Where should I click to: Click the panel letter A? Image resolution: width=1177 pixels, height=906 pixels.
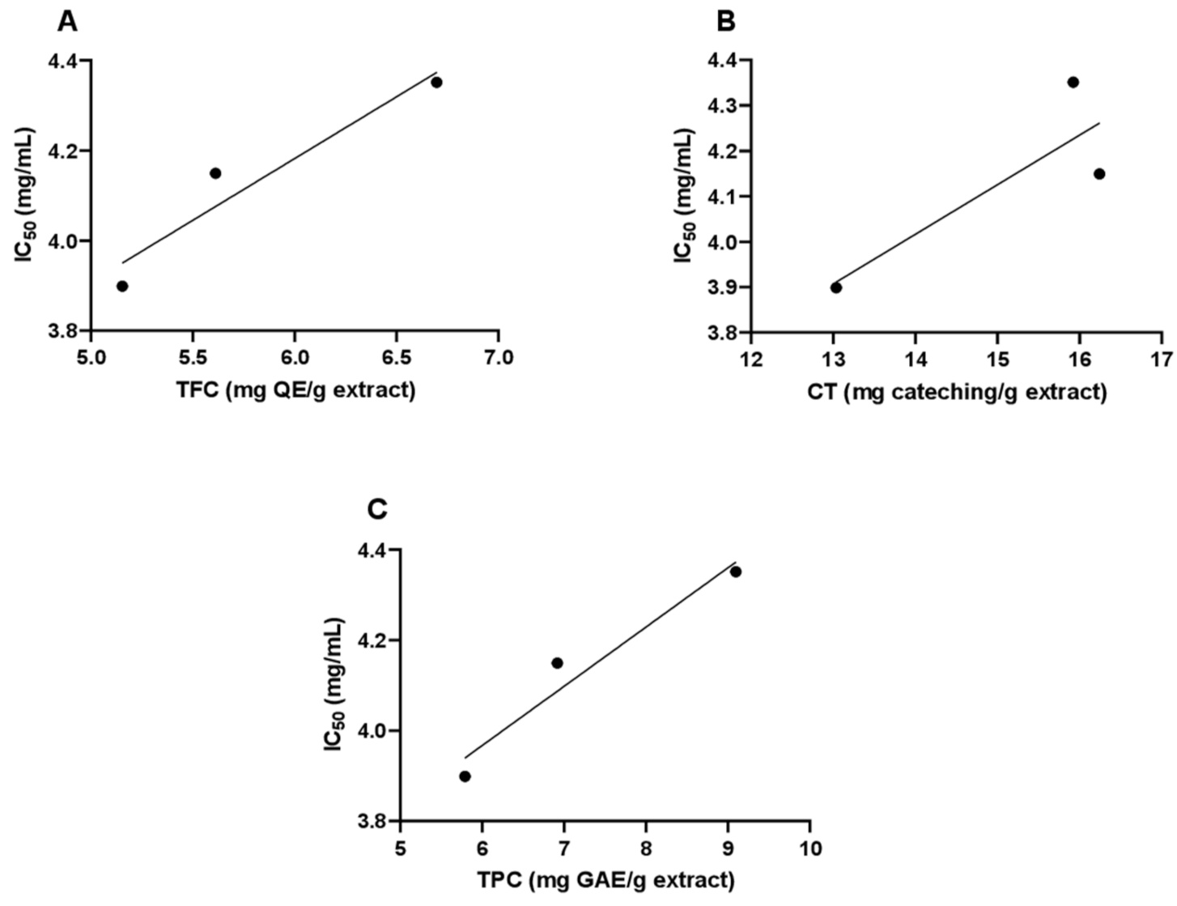pos(68,22)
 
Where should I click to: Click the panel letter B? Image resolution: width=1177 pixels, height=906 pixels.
pos(726,22)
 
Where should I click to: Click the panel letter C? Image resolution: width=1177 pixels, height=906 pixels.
pos(377,510)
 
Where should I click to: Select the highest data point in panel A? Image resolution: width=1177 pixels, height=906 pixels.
pos(436,82)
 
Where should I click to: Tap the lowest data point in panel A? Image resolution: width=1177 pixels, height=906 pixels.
pos(122,286)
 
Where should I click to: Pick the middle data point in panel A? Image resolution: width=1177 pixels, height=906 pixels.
pos(215,172)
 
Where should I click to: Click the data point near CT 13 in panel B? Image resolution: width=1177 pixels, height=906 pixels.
pos(836,287)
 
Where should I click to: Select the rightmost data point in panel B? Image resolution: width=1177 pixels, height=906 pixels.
pos(1099,173)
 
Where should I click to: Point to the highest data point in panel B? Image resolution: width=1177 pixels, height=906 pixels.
pos(1073,82)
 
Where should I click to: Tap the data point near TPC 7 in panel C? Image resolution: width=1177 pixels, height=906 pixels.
pos(557,662)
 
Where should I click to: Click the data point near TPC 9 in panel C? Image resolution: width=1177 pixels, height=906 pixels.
pos(736,571)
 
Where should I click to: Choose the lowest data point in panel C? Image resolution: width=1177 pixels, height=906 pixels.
pos(465,776)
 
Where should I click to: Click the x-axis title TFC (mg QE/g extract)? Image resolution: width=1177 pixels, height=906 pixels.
pos(295,390)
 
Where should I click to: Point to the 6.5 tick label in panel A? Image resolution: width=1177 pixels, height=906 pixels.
pos(396,358)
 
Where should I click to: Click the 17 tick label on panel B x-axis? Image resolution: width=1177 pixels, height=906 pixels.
pos(1162,359)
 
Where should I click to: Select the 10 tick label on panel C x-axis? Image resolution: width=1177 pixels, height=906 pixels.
pos(809,848)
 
